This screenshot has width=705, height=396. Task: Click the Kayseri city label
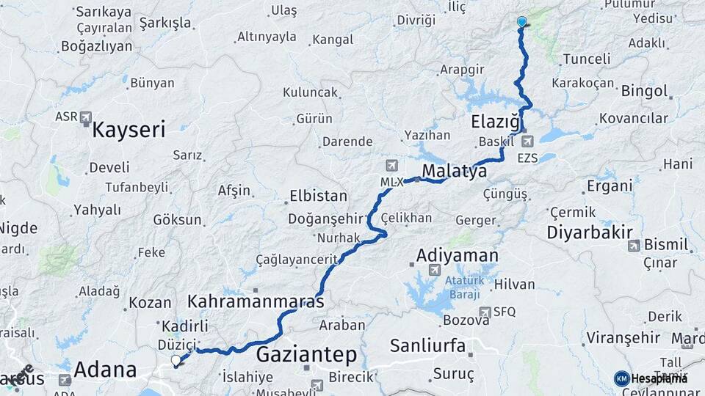click(x=129, y=131)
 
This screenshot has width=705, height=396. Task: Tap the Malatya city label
click(x=455, y=172)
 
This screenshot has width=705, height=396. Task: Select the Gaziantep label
click(x=307, y=355)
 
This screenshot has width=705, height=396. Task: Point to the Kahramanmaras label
click(x=256, y=301)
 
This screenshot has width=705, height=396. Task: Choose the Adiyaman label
click(x=457, y=256)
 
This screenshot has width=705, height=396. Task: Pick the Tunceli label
click(x=586, y=59)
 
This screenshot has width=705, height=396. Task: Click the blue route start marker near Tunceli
click(x=521, y=22)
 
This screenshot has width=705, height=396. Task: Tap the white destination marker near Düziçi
click(x=176, y=360)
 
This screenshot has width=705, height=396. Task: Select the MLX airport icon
click(x=391, y=165)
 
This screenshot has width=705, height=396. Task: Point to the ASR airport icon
click(x=86, y=117)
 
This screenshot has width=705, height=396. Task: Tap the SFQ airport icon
click(x=485, y=312)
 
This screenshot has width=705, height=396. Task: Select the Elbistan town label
click(x=318, y=197)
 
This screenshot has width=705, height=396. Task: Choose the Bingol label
click(x=645, y=92)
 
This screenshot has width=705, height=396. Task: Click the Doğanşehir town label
click(x=326, y=219)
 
